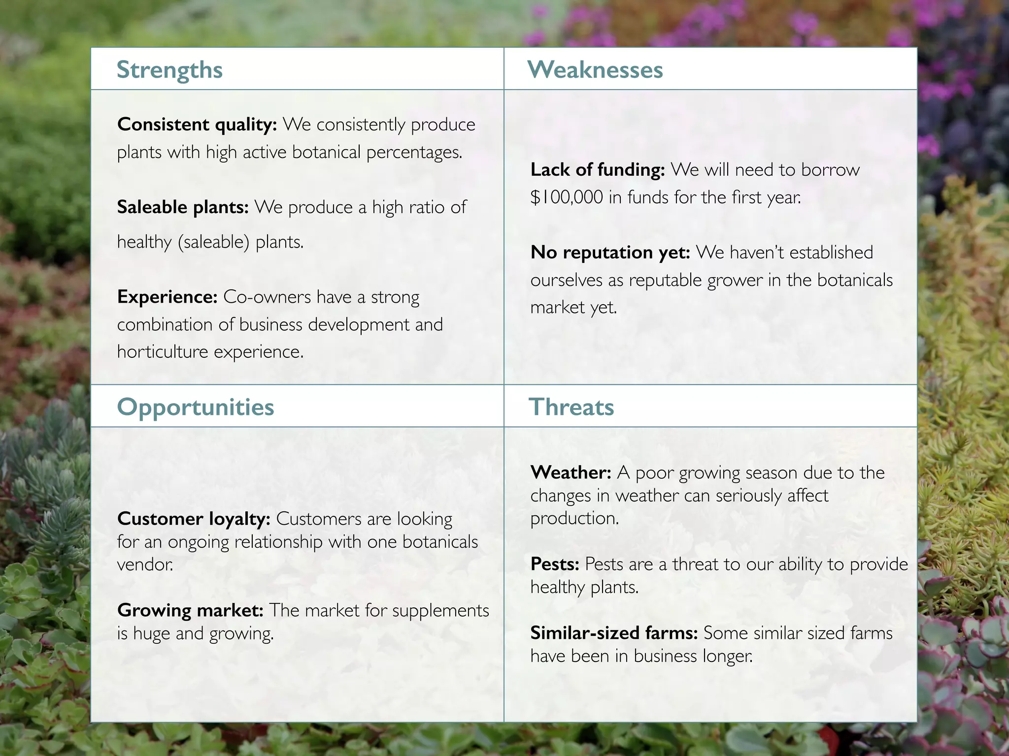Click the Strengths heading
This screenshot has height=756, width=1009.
point(169,70)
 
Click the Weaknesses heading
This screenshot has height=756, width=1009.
point(595,70)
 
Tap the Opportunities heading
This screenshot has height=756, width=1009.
point(195,407)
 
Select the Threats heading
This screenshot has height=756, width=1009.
point(571,407)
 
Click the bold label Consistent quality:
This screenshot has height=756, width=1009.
point(197,125)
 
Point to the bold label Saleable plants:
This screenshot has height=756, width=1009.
point(183,207)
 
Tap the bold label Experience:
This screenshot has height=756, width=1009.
point(167,297)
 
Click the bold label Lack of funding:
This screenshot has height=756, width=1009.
point(598,170)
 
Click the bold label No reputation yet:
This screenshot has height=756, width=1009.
point(610,252)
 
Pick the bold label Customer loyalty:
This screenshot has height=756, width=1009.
point(194,519)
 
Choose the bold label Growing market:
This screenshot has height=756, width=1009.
point(190,610)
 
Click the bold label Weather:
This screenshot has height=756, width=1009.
point(571,472)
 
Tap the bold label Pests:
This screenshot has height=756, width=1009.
point(555,564)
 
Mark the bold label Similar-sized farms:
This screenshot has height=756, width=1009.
point(614,633)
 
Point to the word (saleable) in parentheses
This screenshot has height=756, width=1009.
point(213,242)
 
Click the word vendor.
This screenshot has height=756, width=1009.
point(145,564)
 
